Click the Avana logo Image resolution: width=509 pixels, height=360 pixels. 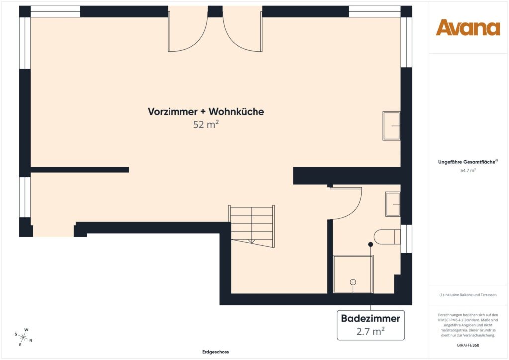468,28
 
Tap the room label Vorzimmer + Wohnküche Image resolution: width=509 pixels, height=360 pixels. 206,112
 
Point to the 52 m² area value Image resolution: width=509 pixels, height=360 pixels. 206,125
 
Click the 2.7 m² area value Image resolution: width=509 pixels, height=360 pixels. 370,330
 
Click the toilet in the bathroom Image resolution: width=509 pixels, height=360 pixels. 387,236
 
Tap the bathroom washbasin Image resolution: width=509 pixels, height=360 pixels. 393,204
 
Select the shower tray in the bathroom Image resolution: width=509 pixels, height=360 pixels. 353,274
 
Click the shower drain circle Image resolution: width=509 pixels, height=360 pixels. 353,282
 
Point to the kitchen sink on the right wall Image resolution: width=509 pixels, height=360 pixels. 391,126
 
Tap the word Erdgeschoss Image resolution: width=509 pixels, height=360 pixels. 215,352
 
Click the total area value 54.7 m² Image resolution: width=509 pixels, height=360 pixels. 468,170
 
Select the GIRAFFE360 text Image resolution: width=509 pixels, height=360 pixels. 468,345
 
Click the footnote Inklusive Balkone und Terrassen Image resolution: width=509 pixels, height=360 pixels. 468,295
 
